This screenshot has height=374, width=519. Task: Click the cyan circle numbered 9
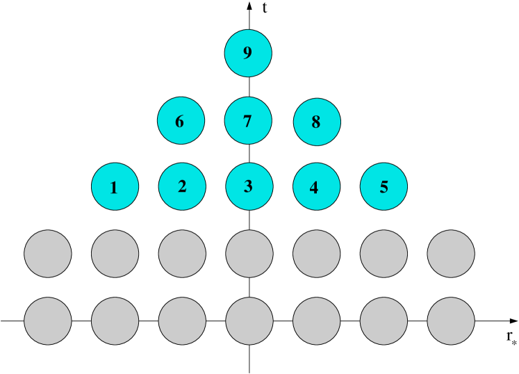point(248,53)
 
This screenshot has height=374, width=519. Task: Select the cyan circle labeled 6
point(181,120)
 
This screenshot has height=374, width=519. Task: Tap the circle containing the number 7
point(248,120)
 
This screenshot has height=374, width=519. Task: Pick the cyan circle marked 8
point(317,122)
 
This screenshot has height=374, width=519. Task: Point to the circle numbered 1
point(115,186)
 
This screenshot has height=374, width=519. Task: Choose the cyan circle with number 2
point(182,186)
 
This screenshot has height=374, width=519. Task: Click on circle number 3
point(249,186)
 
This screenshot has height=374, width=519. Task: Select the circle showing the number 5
point(384,186)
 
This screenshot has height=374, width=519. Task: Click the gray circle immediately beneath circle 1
point(115,254)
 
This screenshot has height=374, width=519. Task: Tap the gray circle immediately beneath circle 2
point(182,254)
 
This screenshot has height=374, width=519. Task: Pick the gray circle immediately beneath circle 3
point(249,254)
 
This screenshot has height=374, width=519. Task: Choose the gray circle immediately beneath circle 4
point(316,254)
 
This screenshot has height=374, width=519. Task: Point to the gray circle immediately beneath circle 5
point(384,254)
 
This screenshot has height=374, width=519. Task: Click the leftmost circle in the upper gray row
point(48,254)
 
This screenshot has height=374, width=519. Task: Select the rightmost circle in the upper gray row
point(451,254)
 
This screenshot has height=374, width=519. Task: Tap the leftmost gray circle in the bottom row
point(48,320)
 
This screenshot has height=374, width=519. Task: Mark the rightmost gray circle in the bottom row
point(451,320)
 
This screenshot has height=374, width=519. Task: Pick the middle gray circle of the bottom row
point(249,320)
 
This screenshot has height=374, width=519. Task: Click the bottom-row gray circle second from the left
point(115,320)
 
